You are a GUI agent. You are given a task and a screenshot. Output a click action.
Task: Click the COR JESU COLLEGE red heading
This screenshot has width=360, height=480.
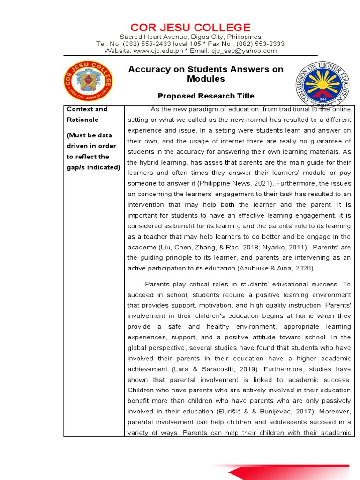[190, 27]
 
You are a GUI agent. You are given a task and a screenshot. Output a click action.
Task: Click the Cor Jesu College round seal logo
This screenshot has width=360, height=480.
[89, 81]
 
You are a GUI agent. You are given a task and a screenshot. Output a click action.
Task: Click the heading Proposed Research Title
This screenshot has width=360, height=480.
[206, 96]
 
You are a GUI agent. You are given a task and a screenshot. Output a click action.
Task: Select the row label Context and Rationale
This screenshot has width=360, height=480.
[87, 114]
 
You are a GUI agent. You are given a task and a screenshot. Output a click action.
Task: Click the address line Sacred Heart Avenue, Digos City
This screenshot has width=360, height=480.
[190, 37]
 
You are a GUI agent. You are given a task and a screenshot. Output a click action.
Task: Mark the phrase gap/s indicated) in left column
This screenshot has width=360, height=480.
[93, 167]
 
